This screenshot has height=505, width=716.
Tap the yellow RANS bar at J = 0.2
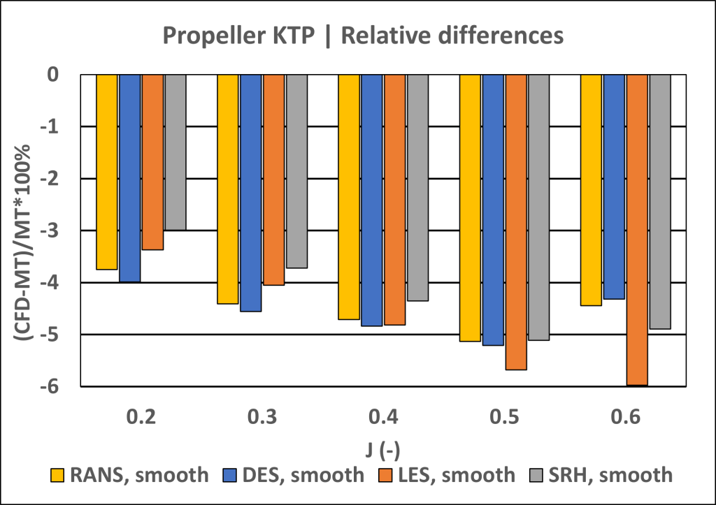(x=107, y=171)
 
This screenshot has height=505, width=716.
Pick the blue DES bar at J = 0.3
(x=250, y=192)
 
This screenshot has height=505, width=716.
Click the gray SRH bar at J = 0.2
(x=176, y=152)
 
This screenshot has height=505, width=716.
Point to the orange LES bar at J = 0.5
(x=516, y=221)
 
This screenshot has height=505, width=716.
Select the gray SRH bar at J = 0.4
(x=417, y=187)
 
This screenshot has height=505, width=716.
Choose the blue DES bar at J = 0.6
(x=614, y=186)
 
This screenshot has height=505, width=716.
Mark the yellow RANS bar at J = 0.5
(x=470, y=207)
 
